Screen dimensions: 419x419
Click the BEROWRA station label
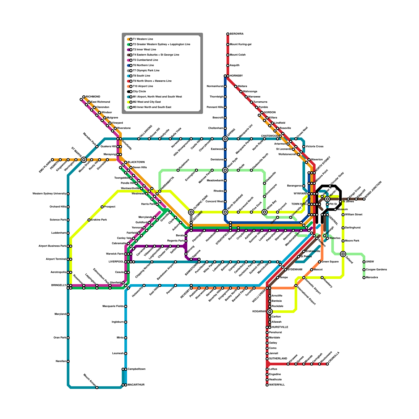click(x=236, y=34)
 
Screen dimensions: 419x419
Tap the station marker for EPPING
click(x=225, y=139)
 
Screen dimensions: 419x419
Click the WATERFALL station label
click(x=277, y=385)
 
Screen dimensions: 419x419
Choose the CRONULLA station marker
click(x=327, y=364)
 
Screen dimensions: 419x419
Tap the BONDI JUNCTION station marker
click(x=364, y=199)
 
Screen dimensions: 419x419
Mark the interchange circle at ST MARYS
click(x=84, y=160)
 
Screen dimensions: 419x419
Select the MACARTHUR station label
click(x=136, y=385)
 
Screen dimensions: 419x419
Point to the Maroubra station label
click(x=372, y=278)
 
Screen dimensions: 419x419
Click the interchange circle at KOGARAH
click(x=270, y=312)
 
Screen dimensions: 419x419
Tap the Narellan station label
click(x=61, y=361)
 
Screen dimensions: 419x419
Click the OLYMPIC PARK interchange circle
click(x=191, y=212)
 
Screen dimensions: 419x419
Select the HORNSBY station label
click(x=236, y=76)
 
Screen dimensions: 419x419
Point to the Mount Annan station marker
click(x=97, y=388)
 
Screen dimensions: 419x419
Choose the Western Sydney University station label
click(x=49, y=194)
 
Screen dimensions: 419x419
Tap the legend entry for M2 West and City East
click(x=147, y=102)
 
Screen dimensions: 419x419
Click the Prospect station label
click(x=110, y=207)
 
